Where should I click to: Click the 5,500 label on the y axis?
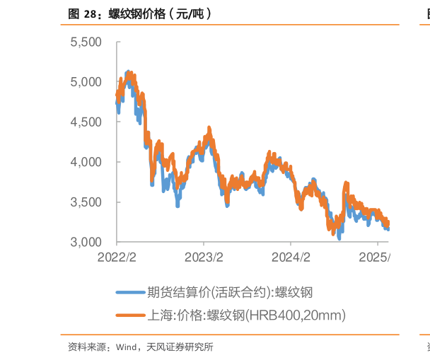pyautogui.click(x=86, y=42)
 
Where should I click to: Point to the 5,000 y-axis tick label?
pyautogui.click(x=86, y=82)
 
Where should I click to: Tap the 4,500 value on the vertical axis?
pyautogui.click(x=86, y=122)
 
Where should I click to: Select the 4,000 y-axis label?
pyautogui.click(x=86, y=162)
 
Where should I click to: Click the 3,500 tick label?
pyautogui.click(x=86, y=202)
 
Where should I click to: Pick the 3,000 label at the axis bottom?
pyautogui.click(x=86, y=242)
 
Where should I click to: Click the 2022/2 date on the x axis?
pyautogui.click(x=117, y=257)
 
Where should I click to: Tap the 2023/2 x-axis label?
pyautogui.click(x=204, y=257)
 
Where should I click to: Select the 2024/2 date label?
pyautogui.click(x=291, y=257)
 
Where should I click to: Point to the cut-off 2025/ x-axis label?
pyautogui.click(x=374, y=257)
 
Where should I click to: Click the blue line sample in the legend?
pyautogui.click(x=131, y=293)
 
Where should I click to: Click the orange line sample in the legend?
pyautogui.click(x=131, y=315)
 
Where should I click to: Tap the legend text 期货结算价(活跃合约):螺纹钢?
pyautogui.click(x=230, y=292)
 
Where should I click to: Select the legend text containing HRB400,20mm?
pyautogui.click(x=247, y=315)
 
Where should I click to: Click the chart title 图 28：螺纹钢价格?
pyautogui.click(x=117, y=13)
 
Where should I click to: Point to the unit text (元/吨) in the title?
pyautogui.click(x=190, y=13)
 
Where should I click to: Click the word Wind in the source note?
pyautogui.click(x=127, y=347)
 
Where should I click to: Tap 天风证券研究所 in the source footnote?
pyautogui.click(x=180, y=347)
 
